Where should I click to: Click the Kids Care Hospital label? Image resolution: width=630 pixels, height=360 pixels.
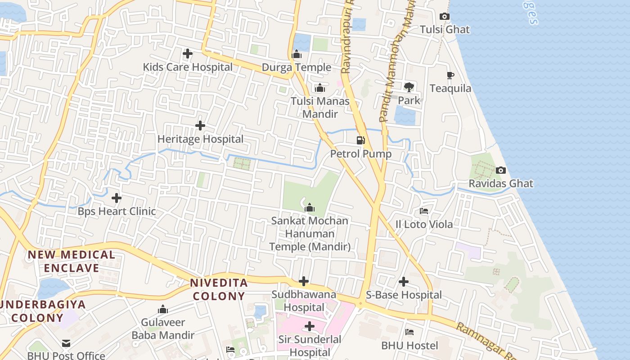coord(188,67)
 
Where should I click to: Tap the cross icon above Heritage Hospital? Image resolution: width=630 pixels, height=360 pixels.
coord(200,126)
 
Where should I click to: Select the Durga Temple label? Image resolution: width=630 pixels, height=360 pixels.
coord(296,67)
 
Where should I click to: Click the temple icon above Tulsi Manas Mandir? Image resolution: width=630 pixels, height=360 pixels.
coord(320,88)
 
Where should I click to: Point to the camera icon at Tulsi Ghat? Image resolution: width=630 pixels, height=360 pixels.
coord(444,17)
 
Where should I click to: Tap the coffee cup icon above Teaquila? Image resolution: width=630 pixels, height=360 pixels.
coord(450,75)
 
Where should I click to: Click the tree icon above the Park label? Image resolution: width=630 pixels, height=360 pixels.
coord(409,87)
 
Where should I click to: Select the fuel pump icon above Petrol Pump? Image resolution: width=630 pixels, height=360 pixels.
coord(360,140)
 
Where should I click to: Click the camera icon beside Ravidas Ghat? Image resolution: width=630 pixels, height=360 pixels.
coord(500,170)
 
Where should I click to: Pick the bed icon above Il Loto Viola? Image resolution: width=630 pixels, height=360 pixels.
coord(423,211)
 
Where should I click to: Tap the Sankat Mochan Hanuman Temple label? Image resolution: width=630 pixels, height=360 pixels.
coord(310,234)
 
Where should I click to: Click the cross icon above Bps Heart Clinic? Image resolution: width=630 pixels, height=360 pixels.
coord(117,198)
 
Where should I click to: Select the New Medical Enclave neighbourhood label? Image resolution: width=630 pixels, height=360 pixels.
coord(71,261)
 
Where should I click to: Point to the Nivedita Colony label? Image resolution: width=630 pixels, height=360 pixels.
coord(219,289)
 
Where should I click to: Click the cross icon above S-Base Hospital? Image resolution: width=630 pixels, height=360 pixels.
coord(404,282)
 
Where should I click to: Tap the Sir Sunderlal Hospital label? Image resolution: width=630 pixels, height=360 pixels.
coord(310,346)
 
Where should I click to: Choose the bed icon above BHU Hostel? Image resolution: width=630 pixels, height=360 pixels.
coord(409,332)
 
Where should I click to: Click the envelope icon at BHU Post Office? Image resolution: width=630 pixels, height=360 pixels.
coord(66,343)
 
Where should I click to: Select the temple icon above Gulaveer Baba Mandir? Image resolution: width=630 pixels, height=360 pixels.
coord(163,309)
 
